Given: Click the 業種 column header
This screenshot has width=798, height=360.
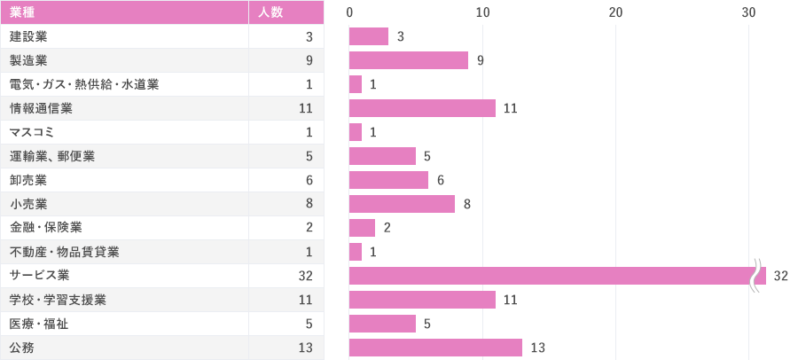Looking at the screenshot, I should pyautogui.click(x=23, y=12).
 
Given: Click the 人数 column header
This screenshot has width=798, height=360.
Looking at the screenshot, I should pyautogui.click(x=270, y=12).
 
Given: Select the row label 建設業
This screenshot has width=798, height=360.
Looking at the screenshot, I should pyautogui.click(x=28, y=36).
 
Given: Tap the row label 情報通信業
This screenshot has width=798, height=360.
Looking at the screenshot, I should pyautogui.click(x=41, y=108).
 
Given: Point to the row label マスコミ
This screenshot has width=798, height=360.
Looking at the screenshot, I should pyautogui.click(x=32, y=132).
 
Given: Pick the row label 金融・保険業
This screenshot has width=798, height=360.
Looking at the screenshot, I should pyautogui.click(x=46, y=228).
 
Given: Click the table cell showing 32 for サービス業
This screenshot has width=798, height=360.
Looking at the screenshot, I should pyautogui.click(x=305, y=276).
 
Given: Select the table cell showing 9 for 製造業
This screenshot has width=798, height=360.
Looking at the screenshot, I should pyautogui.click(x=309, y=60).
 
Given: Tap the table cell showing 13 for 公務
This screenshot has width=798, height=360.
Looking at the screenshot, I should pyautogui.click(x=305, y=348).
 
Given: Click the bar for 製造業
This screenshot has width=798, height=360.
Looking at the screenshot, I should pyautogui.click(x=409, y=60).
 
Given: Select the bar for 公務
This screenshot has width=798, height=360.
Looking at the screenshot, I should pyautogui.click(x=435, y=348).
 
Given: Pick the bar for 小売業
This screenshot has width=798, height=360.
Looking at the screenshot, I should pyautogui.click(x=402, y=204).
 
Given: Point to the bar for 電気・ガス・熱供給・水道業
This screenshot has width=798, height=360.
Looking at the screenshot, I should pyautogui.click(x=356, y=84).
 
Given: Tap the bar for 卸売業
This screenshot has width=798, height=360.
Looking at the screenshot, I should pyautogui.click(x=388, y=180).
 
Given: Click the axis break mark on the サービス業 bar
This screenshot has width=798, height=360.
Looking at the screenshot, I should pyautogui.click(x=755, y=276).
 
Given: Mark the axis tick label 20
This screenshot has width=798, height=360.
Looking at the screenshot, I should pyautogui.click(x=615, y=12).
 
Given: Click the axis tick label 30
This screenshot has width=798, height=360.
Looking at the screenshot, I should pyautogui.click(x=748, y=12).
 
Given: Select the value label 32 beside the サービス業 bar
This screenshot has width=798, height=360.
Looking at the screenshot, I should pyautogui.click(x=780, y=276).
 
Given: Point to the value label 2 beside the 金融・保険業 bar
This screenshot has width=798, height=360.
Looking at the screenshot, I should pyautogui.click(x=387, y=228).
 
